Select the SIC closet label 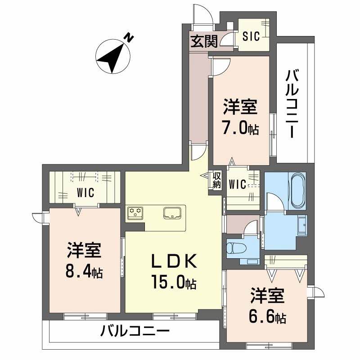coord(251,36)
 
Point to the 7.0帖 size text coord(240,129)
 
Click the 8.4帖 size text coord(85,272)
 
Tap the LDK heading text coord(173,261)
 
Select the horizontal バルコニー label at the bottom coord(135,333)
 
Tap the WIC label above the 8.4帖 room coord(84,193)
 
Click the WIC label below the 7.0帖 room coord(237,184)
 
